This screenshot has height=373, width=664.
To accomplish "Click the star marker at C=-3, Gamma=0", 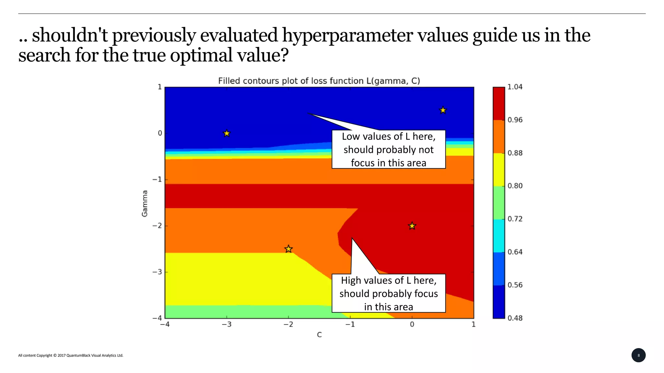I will [x=227, y=133].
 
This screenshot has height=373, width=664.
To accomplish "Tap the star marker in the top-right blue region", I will [x=443, y=110].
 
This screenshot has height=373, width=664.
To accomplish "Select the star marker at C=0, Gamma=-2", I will [x=412, y=226].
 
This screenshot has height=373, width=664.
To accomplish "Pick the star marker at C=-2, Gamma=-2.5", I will [x=289, y=249].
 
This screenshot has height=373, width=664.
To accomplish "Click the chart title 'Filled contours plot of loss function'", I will [x=319, y=81].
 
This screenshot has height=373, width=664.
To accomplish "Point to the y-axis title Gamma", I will [x=145, y=203].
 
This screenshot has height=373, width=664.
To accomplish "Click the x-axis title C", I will [x=319, y=335].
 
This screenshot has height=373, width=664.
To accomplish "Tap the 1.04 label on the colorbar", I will [x=515, y=87].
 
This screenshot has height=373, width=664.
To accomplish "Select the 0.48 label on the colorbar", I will [x=515, y=318].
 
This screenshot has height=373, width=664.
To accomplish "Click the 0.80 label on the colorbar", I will [x=515, y=186].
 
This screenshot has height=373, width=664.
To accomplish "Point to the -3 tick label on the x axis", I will [x=226, y=324].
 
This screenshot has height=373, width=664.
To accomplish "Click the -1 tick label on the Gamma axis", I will [x=157, y=179].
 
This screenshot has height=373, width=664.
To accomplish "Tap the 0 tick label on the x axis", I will [x=412, y=324].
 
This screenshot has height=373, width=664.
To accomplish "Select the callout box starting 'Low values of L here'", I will [x=388, y=150].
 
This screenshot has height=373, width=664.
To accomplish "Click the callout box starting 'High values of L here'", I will [x=388, y=293].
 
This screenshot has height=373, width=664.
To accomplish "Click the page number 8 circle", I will [x=638, y=355].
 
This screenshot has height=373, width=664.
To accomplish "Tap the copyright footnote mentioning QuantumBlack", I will [x=71, y=356].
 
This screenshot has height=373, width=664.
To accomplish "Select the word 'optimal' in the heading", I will [x=201, y=55].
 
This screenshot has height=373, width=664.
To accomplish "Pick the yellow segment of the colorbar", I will [x=499, y=170].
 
